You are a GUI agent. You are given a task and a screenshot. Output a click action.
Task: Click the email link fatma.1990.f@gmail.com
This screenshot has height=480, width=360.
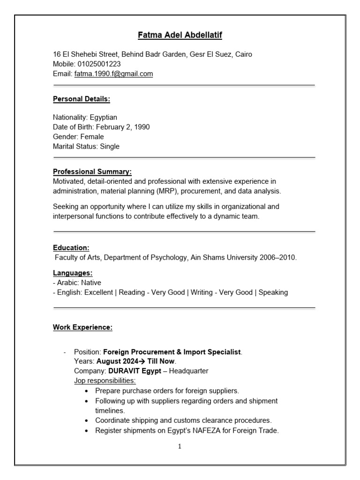point(113,74)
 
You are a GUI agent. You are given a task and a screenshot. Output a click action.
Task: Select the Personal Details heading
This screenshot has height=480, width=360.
point(81,99)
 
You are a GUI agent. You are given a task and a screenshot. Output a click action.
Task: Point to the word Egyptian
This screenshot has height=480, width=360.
point(103,117)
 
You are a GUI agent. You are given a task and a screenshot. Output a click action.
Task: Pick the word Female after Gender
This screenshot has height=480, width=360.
point(92,136)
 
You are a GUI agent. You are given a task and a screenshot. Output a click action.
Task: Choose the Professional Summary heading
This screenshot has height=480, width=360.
point(92,172)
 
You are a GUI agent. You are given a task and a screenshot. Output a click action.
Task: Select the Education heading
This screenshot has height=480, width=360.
point(71,247)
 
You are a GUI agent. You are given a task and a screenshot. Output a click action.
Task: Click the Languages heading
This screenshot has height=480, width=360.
point(72,273)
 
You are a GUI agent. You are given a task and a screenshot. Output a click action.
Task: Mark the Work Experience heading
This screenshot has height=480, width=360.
point(82,327)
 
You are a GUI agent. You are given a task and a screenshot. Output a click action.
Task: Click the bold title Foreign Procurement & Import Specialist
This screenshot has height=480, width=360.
point(172,352)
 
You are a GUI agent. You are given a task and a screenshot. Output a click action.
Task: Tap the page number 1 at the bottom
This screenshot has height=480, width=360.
point(180,447)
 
